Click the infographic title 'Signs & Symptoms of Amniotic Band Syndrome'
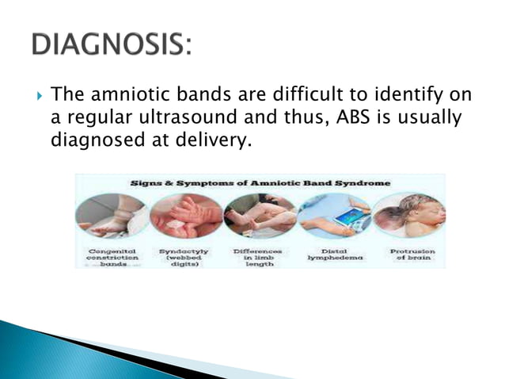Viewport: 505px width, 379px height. [x=260, y=182]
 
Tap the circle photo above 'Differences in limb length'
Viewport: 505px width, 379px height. [x=259, y=216]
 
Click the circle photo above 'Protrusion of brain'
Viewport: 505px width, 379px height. [x=408, y=216]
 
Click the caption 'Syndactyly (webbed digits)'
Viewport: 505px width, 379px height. [x=184, y=256]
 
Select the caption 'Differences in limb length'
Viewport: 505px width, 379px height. [x=259, y=256]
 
